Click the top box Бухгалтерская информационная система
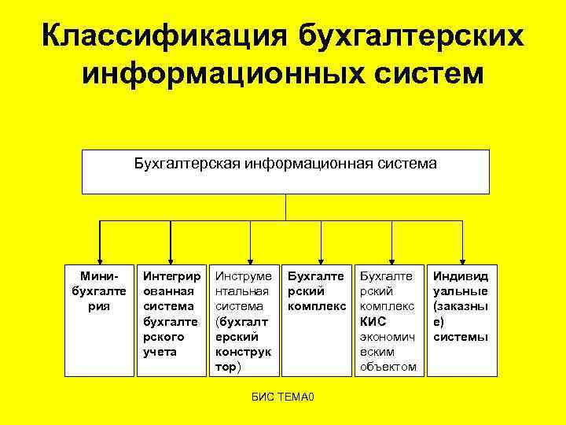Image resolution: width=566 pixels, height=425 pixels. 285,171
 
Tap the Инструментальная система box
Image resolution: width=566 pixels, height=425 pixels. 244,320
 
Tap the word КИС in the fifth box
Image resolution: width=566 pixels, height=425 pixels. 373,322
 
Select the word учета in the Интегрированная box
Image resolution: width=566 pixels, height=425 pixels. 160,352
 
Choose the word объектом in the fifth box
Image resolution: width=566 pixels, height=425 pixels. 388,367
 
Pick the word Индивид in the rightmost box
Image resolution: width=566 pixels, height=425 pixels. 461,276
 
